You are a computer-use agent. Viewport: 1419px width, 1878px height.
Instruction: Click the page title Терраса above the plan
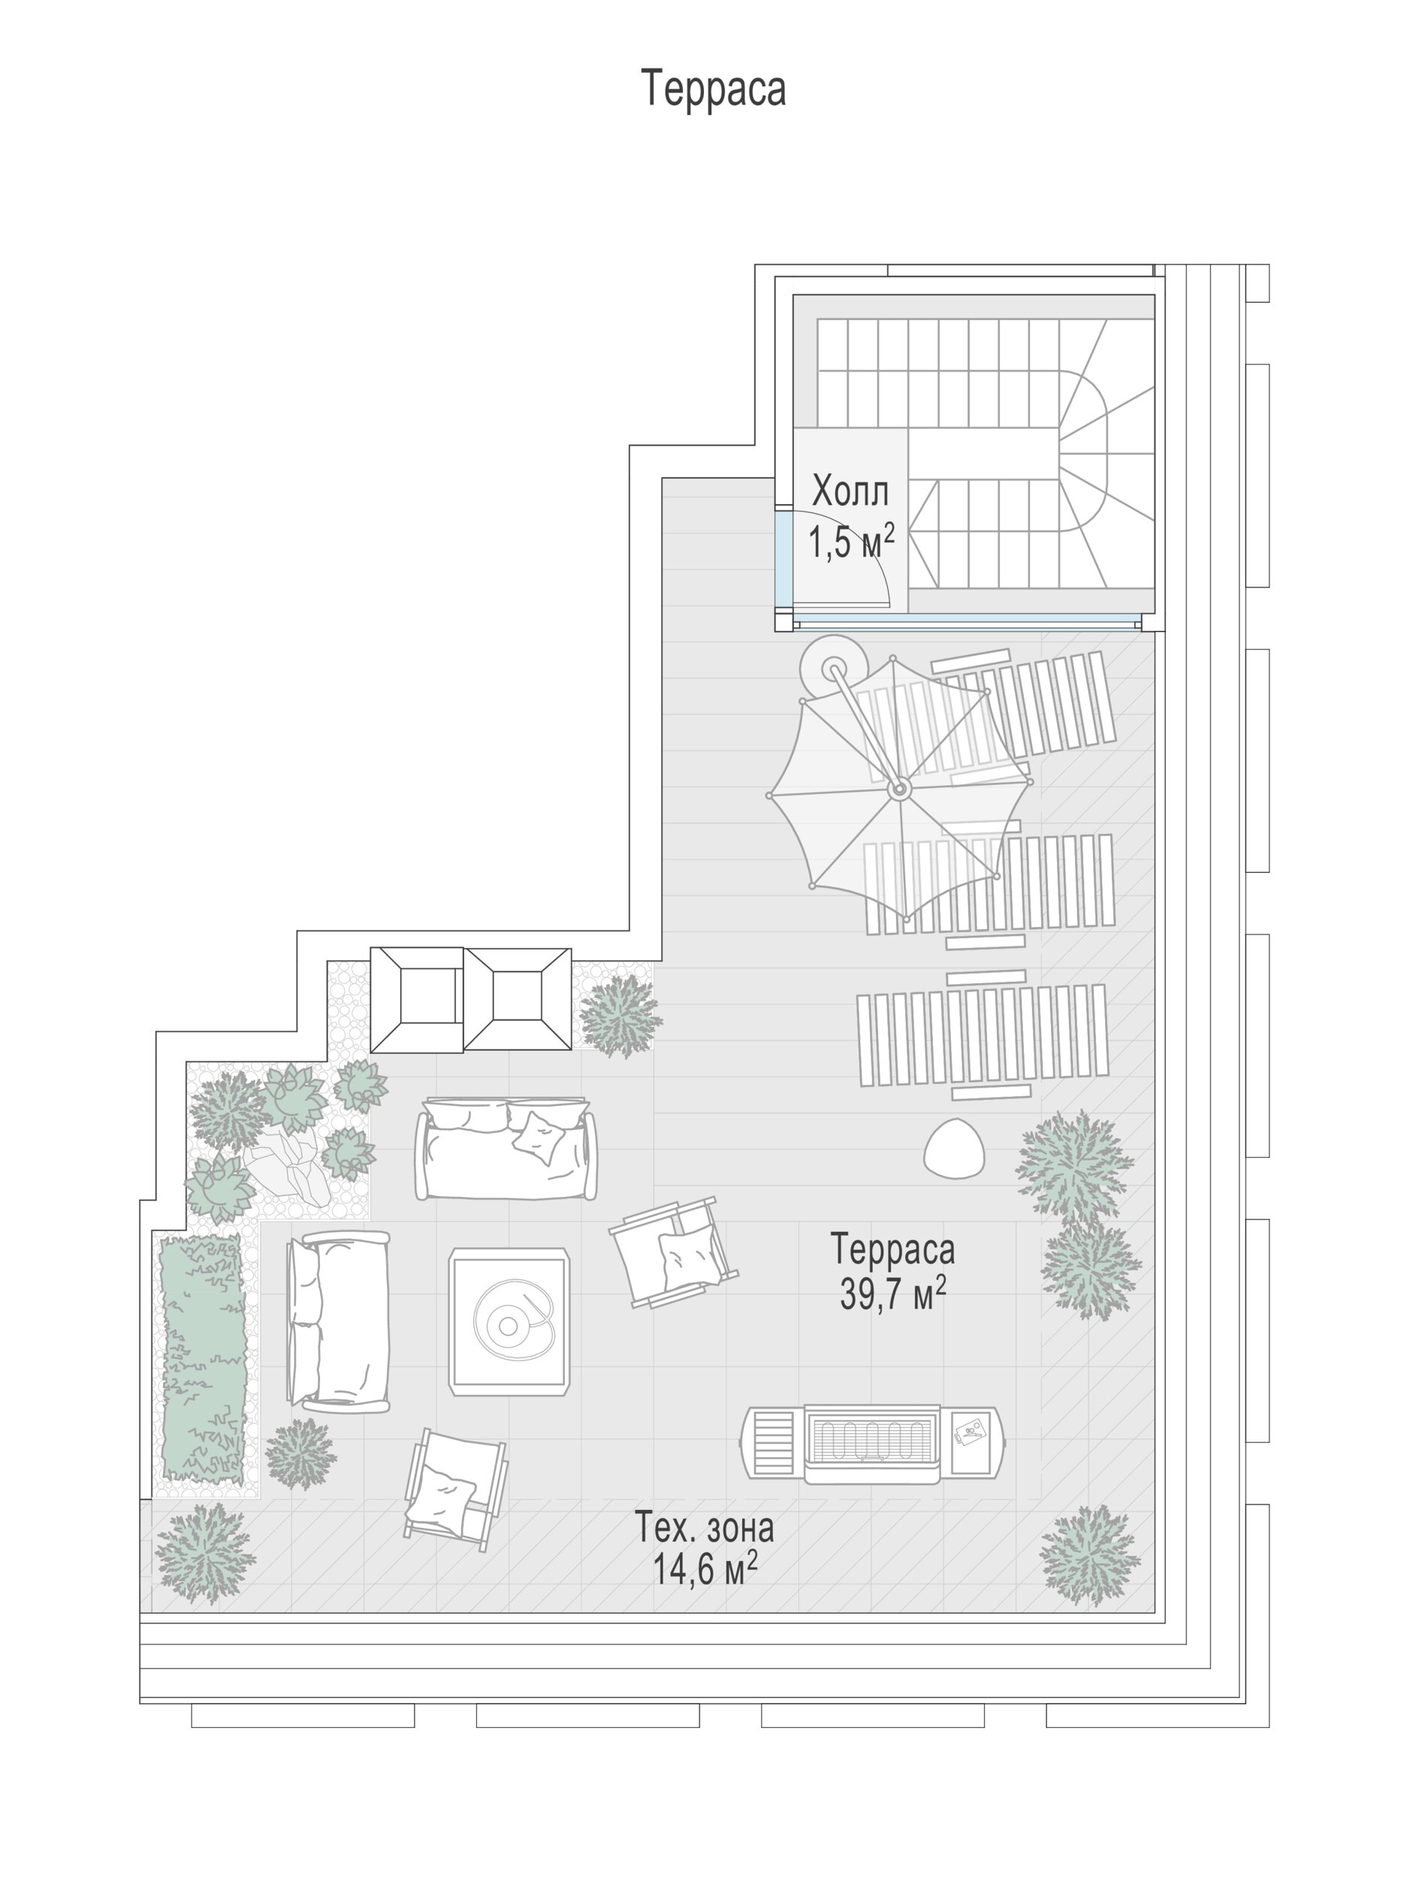pyautogui.click(x=714, y=89)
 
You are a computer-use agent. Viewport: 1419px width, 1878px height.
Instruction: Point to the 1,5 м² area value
pyautogui.click(x=850, y=540)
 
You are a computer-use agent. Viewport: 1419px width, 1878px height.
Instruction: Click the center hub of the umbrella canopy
pyautogui.click(x=898, y=790)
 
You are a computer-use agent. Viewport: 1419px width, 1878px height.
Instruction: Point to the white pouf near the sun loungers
pyautogui.click(x=955, y=1148)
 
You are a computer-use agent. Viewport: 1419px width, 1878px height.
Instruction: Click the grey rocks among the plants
pyautogui.click(x=287, y=1165)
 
